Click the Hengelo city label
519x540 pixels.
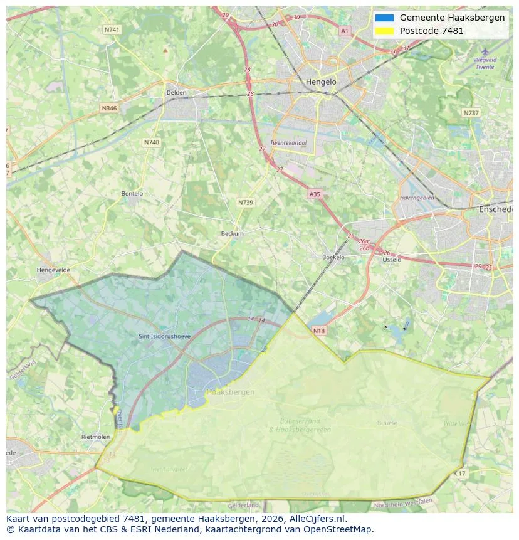coord(321,82)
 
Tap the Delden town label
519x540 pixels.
coord(176,93)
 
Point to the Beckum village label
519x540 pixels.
coord(232,234)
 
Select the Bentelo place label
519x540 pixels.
coord(132,194)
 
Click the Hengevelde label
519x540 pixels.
coord(54,270)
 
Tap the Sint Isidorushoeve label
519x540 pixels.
coord(164,337)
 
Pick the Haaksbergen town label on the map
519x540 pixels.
coord(231,393)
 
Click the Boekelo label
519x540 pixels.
coord(333,257)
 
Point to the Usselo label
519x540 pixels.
coord(392,259)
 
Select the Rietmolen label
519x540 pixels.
coord(96,437)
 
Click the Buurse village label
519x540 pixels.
coord(387,423)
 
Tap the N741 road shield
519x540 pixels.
coord(112,29)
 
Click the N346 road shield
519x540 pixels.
coord(109,108)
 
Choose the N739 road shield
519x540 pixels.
coord(246,203)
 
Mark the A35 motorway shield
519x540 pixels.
coord(315,194)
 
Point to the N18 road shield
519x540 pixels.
coord(318,331)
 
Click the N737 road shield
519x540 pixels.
coord(471,113)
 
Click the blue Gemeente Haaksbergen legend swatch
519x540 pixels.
coord(384,18)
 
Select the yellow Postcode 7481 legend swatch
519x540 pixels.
coord(384,31)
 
